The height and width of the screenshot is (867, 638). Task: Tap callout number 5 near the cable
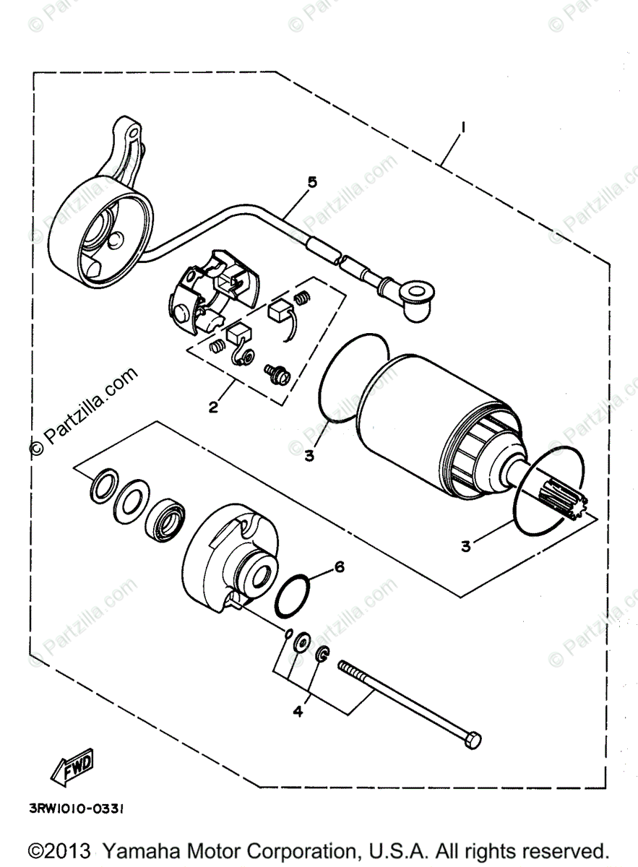click(x=312, y=184)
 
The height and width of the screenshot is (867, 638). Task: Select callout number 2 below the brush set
click(x=213, y=407)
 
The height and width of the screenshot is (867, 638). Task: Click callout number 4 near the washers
click(x=298, y=712)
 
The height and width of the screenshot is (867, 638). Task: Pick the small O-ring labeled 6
click(x=295, y=596)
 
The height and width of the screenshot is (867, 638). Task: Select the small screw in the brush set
click(x=277, y=373)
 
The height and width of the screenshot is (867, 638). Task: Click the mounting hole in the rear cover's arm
click(x=134, y=134)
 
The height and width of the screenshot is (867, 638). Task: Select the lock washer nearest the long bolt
click(x=323, y=655)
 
